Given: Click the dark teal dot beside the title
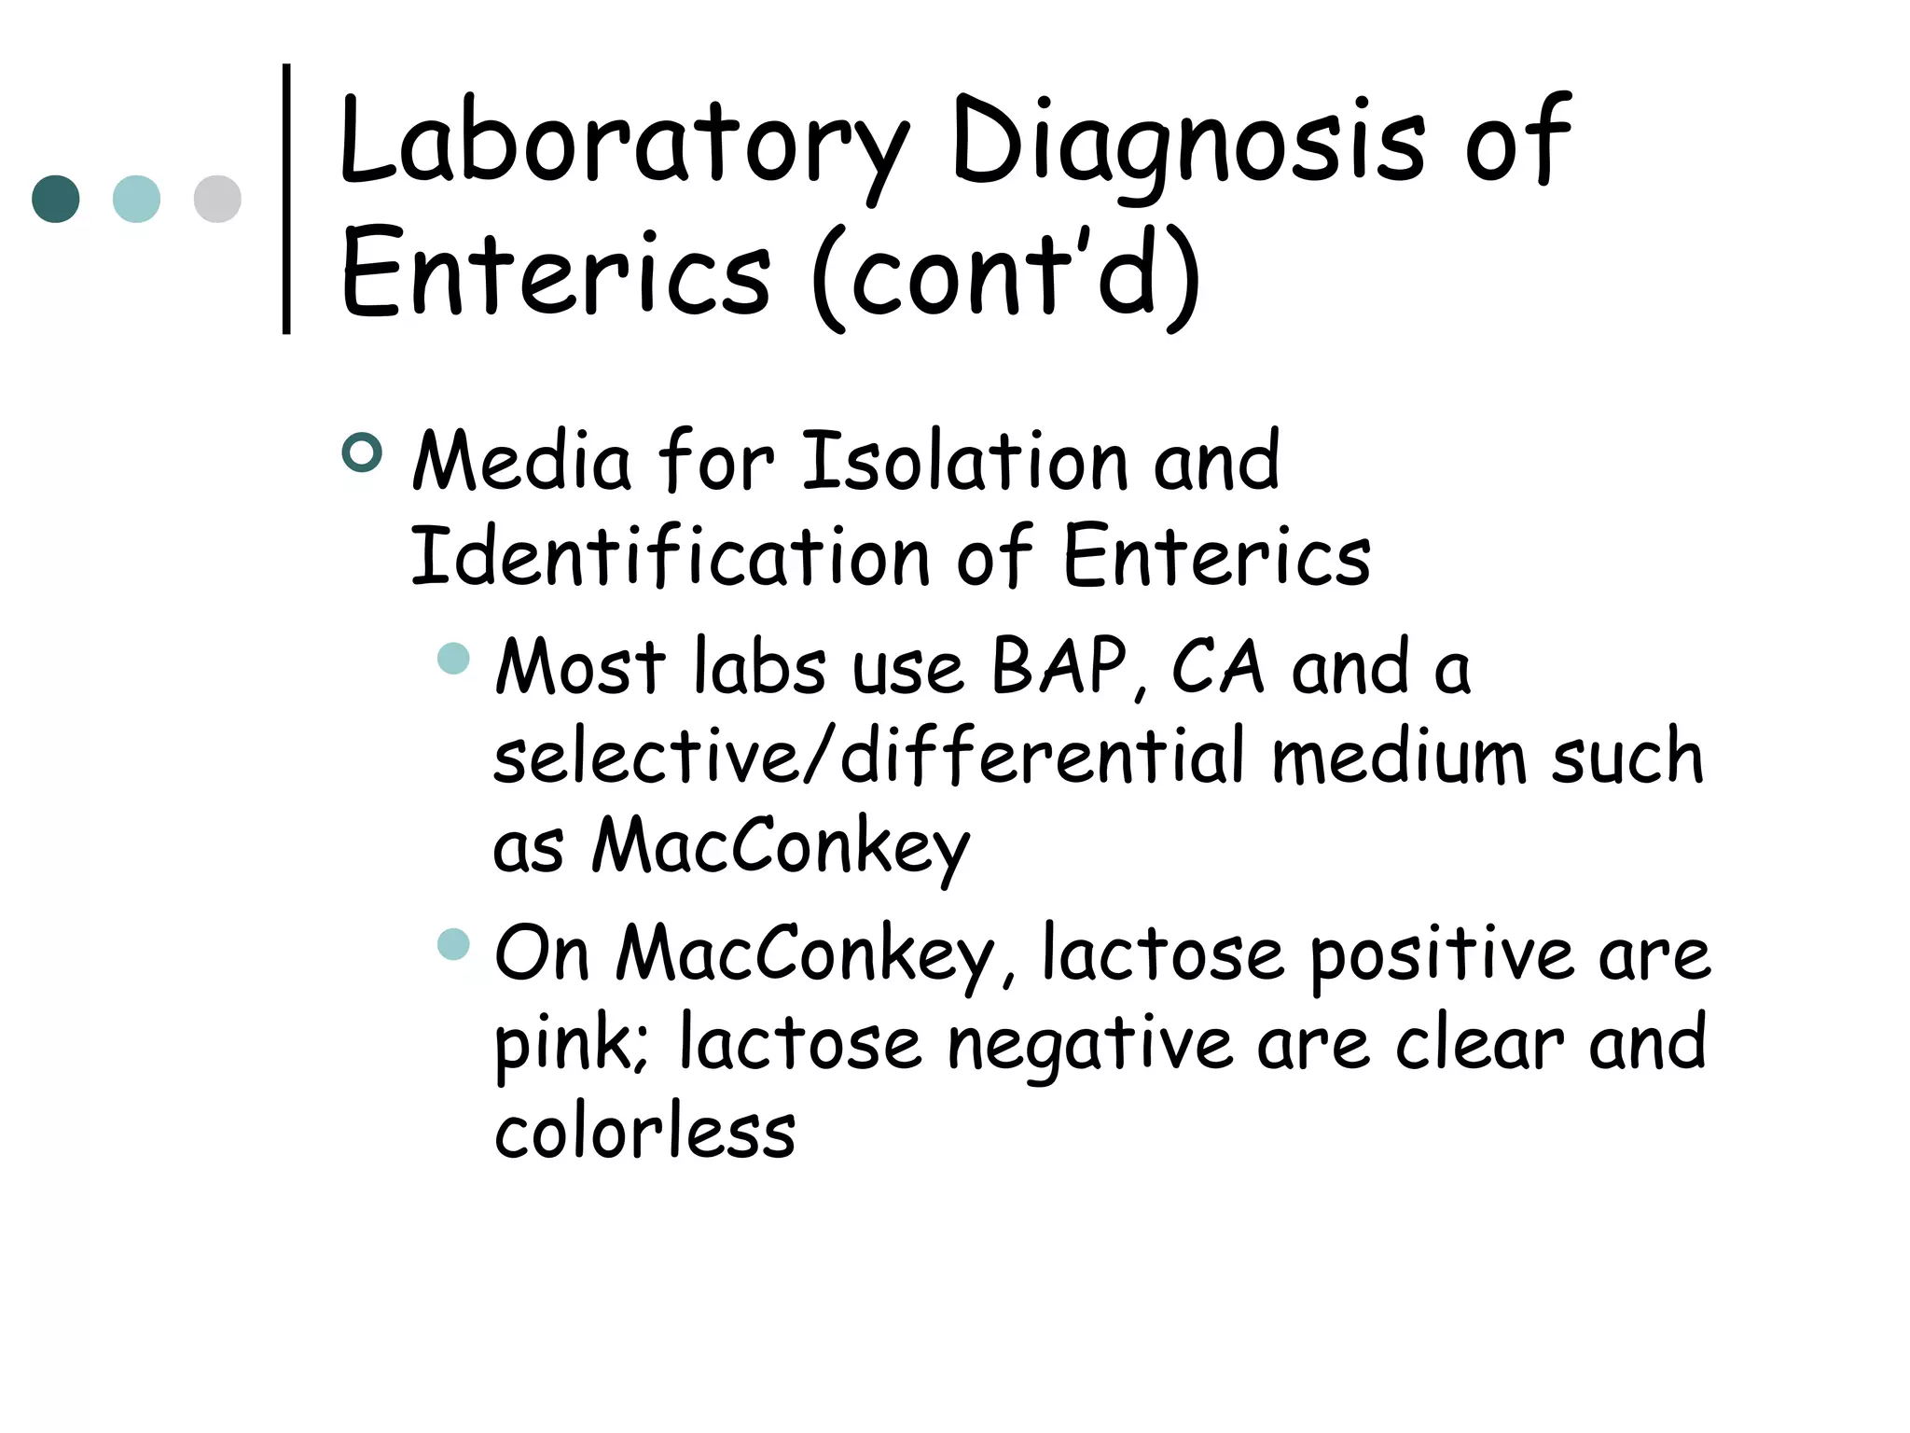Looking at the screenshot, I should pyautogui.click(x=56, y=199).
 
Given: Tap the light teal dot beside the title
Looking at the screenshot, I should pyautogui.click(x=136, y=199).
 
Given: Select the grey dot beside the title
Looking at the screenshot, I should pyautogui.click(x=217, y=199).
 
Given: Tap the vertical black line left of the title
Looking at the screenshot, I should pyautogui.click(x=286, y=198).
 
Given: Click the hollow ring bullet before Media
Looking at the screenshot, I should pyautogui.click(x=362, y=452).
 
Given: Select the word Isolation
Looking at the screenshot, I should pyautogui.click(x=965, y=461).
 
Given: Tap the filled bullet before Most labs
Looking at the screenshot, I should pyautogui.click(x=453, y=658).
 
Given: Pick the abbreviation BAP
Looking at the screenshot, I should pyautogui.click(x=1059, y=667).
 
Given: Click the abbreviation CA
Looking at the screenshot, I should pyautogui.click(x=1217, y=667).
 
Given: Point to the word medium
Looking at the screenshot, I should pyautogui.click(x=1398, y=756).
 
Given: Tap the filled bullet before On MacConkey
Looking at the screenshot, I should pyautogui.click(x=453, y=944).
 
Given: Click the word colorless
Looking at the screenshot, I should pyautogui.click(x=644, y=1133).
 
